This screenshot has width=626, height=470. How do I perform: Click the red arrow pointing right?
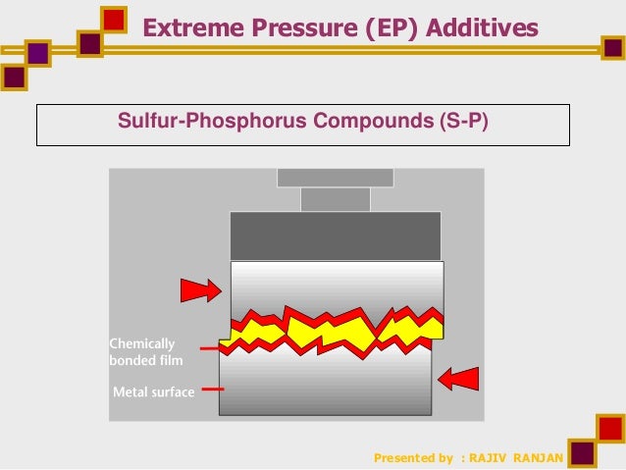click(199, 289)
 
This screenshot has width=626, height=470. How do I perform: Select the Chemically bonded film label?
click(143, 351)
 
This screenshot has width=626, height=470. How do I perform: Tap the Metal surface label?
click(154, 392)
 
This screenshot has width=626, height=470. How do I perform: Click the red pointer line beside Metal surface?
click(212, 390)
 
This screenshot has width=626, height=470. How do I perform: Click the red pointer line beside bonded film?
click(209, 347)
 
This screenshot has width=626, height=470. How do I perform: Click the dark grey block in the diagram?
click(335, 235)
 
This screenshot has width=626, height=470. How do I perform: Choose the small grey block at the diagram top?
click(335, 199)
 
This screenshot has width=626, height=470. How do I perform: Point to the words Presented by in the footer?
click(414, 457)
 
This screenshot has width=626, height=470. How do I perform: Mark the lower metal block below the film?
click(325, 388)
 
